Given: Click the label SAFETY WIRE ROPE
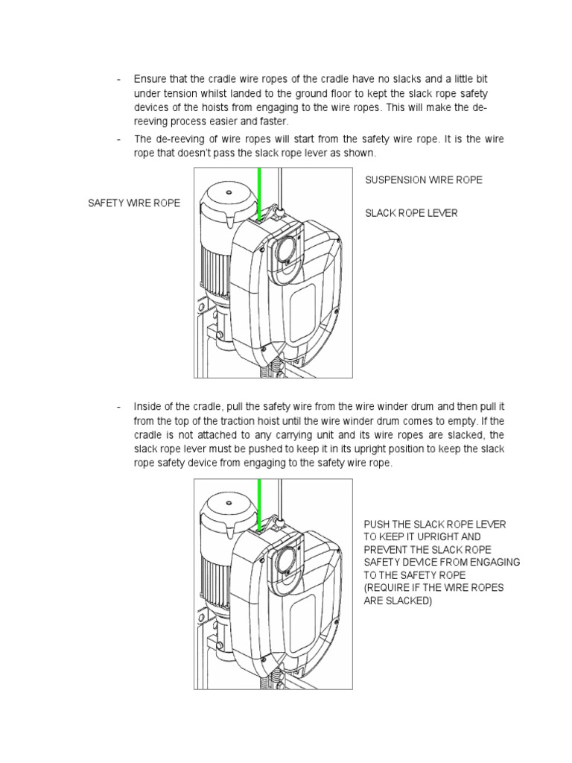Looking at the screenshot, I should coord(134,203).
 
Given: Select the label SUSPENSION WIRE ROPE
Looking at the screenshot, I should coord(423,180).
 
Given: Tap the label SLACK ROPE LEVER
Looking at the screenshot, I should coord(410,213).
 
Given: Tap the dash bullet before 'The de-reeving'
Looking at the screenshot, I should coord(118,139).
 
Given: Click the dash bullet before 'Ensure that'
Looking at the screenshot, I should coord(118,79).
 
